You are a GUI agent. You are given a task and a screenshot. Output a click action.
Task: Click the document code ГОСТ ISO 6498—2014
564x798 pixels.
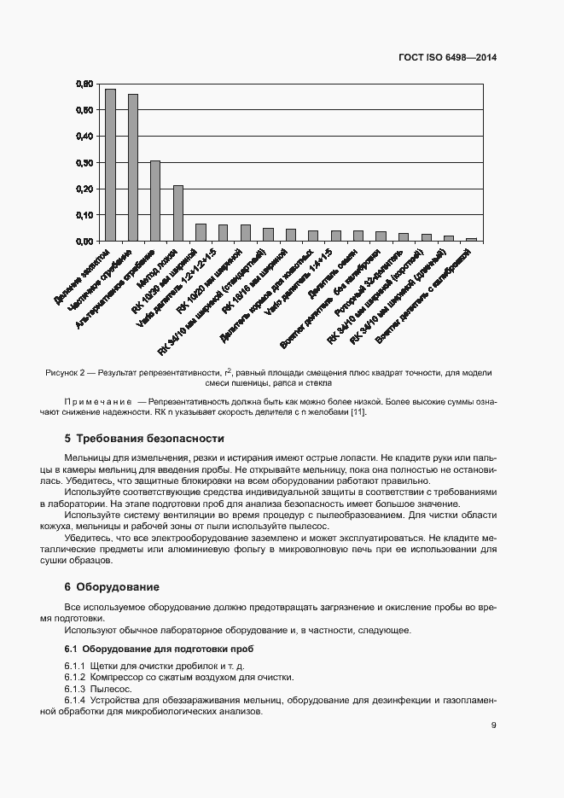click(x=447, y=57)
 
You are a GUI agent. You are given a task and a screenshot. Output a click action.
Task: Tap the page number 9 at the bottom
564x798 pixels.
click(x=493, y=725)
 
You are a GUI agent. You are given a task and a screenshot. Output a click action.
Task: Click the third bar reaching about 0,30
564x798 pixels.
click(x=155, y=201)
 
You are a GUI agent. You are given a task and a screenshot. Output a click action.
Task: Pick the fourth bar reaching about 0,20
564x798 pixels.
click(x=178, y=213)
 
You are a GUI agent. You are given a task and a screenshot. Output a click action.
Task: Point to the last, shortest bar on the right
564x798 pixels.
click(x=471, y=239)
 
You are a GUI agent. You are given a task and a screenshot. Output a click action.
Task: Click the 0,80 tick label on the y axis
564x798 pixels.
click(x=84, y=84)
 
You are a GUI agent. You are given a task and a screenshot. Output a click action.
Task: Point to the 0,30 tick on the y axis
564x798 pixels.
click(x=84, y=162)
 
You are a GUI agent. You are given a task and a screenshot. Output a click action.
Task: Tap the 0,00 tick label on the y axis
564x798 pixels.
click(x=84, y=242)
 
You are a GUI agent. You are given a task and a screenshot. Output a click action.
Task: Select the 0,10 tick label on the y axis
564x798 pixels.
click(x=84, y=215)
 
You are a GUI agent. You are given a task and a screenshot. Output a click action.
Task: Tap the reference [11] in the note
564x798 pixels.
click(x=358, y=413)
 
